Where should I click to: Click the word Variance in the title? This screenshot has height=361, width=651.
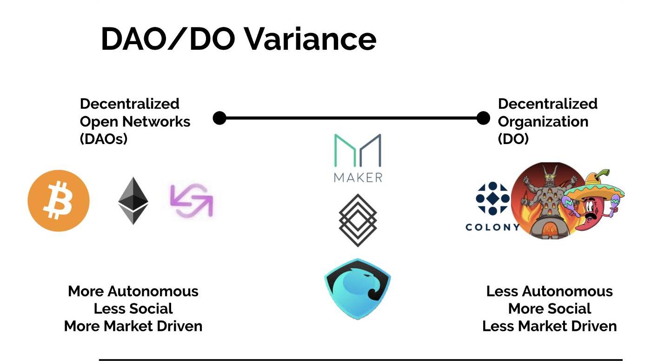311,39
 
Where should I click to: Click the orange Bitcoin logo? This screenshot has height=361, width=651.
59,201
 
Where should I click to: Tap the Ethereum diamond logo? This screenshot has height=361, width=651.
133,201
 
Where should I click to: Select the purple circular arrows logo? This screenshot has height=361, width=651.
192,201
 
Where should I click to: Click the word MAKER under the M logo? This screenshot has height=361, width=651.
358,177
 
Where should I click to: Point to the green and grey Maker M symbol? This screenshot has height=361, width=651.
358,151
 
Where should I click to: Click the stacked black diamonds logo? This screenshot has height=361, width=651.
358,220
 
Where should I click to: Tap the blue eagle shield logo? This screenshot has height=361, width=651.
358,289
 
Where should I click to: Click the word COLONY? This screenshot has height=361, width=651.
492,227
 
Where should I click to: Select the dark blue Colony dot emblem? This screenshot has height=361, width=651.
492,198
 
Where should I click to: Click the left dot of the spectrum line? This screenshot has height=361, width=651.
219,118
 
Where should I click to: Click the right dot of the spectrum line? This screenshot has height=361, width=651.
483,118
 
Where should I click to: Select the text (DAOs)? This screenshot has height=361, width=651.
103,139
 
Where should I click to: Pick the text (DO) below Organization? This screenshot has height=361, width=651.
513,139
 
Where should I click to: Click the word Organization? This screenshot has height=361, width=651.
543,122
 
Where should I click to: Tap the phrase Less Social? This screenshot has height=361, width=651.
133,308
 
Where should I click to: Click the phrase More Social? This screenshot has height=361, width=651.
550,308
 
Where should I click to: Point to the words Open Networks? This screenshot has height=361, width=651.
135,122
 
